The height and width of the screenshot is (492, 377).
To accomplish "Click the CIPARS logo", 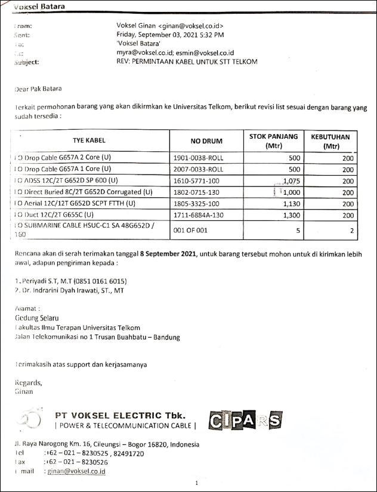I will point(245,421).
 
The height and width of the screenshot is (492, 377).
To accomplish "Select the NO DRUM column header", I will point(206,141).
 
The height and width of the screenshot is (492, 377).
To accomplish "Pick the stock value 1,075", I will point(288,180).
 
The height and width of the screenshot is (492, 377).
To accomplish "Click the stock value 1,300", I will point(288,214).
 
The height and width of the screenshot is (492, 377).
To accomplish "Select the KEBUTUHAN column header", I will point(330,141).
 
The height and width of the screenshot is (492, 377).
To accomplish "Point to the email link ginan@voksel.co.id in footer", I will point(76,471).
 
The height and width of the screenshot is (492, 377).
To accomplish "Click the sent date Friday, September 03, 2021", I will point(170,35).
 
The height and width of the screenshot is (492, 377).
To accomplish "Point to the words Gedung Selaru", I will point(36,319).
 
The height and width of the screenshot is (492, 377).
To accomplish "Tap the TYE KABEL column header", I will point(89,141).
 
